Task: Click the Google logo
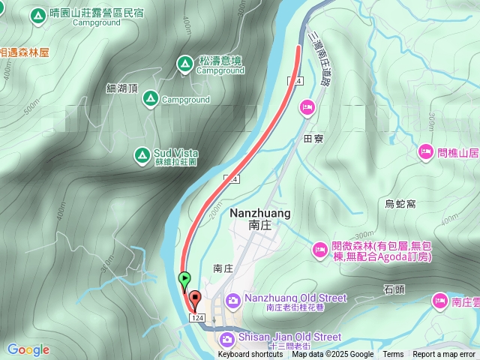point(28,349)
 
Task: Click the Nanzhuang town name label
point(259,214)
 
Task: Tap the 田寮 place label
point(313,139)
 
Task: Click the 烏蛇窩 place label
point(400,204)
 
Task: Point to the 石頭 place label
point(394,288)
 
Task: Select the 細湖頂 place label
point(122,88)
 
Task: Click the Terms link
point(393,355)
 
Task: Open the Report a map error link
point(445,355)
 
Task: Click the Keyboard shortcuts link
point(250,355)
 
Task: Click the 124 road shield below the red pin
point(197,319)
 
